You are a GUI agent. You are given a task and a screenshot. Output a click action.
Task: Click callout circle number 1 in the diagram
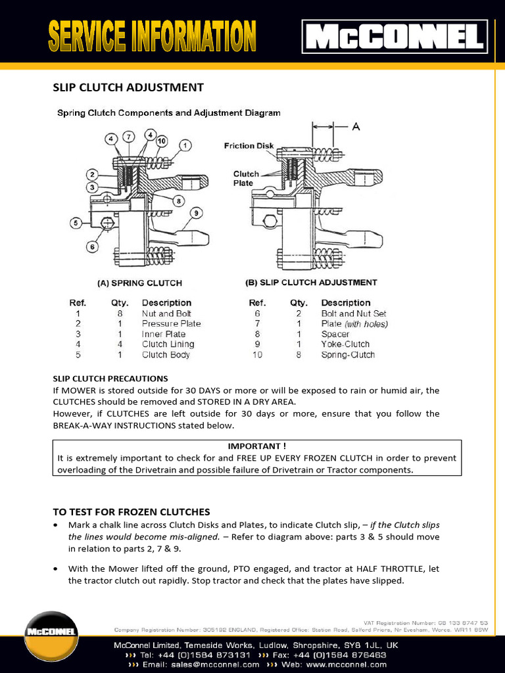186,145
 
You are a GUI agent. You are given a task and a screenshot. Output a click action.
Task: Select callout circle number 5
76,223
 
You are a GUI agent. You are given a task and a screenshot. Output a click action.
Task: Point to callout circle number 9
197,212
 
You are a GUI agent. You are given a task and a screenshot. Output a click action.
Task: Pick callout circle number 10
162,141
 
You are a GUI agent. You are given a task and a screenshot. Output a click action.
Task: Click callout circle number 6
92,247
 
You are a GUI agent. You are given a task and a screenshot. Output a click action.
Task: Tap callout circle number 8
179,200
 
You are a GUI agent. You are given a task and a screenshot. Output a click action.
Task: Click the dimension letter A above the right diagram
356,128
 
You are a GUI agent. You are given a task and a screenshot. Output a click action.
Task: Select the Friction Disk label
249,146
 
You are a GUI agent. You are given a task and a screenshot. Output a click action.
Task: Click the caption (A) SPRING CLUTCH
140,283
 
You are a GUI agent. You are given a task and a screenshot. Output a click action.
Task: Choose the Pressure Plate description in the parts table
172,323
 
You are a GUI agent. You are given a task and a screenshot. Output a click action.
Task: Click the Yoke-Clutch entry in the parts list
345,344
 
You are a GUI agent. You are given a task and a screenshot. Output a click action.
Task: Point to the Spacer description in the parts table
335,334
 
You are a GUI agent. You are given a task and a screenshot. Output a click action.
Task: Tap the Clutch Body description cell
166,354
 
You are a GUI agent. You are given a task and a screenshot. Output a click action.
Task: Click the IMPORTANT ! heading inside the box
257,446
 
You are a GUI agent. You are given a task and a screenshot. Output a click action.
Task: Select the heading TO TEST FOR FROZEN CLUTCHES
132,511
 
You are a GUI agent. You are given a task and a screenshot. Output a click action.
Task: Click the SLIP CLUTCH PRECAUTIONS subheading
110,379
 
